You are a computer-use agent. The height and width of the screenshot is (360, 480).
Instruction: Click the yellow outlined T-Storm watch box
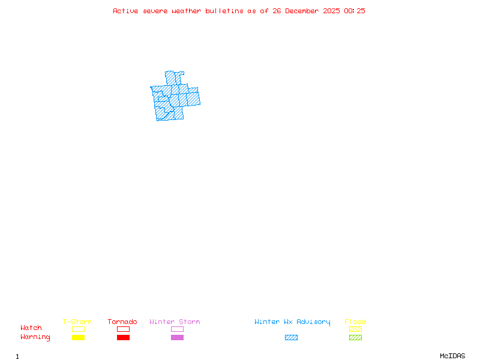[78, 329]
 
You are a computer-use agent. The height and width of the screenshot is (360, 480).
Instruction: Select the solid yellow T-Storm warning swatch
[78, 337]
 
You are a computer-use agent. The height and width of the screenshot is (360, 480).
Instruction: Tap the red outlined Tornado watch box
[123, 329]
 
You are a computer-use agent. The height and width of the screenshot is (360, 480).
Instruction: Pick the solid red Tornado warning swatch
[123, 337]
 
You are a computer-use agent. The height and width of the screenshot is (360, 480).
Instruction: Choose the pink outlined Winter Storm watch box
[177, 329]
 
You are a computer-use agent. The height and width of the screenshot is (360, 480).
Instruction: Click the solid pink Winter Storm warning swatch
[177, 337]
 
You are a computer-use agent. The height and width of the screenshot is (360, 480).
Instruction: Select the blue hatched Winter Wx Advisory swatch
[291, 337]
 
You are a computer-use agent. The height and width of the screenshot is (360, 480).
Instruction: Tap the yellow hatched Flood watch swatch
[355, 329]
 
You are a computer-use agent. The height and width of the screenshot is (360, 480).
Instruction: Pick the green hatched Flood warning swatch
[355, 337]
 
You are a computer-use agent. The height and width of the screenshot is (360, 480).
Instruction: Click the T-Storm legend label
[77, 322]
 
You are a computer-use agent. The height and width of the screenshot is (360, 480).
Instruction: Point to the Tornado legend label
[122, 322]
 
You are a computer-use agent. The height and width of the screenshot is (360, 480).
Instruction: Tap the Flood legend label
[355, 322]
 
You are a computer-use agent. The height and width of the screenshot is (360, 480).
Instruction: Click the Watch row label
[31, 328]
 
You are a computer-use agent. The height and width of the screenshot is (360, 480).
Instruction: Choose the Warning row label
[35, 337]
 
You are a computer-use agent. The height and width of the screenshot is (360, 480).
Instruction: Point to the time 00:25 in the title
[354, 11]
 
